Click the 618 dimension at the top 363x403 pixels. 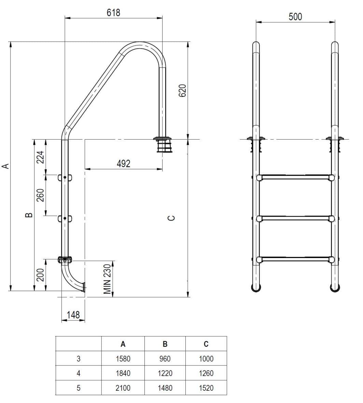[113, 13]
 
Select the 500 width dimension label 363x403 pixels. [295, 17]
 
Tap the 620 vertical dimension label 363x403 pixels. [182, 90]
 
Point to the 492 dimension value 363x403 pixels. [124, 164]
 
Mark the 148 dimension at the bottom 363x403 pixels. [73, 315]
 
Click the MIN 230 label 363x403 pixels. [107, 279]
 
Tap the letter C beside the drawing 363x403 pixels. [171, 218]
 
